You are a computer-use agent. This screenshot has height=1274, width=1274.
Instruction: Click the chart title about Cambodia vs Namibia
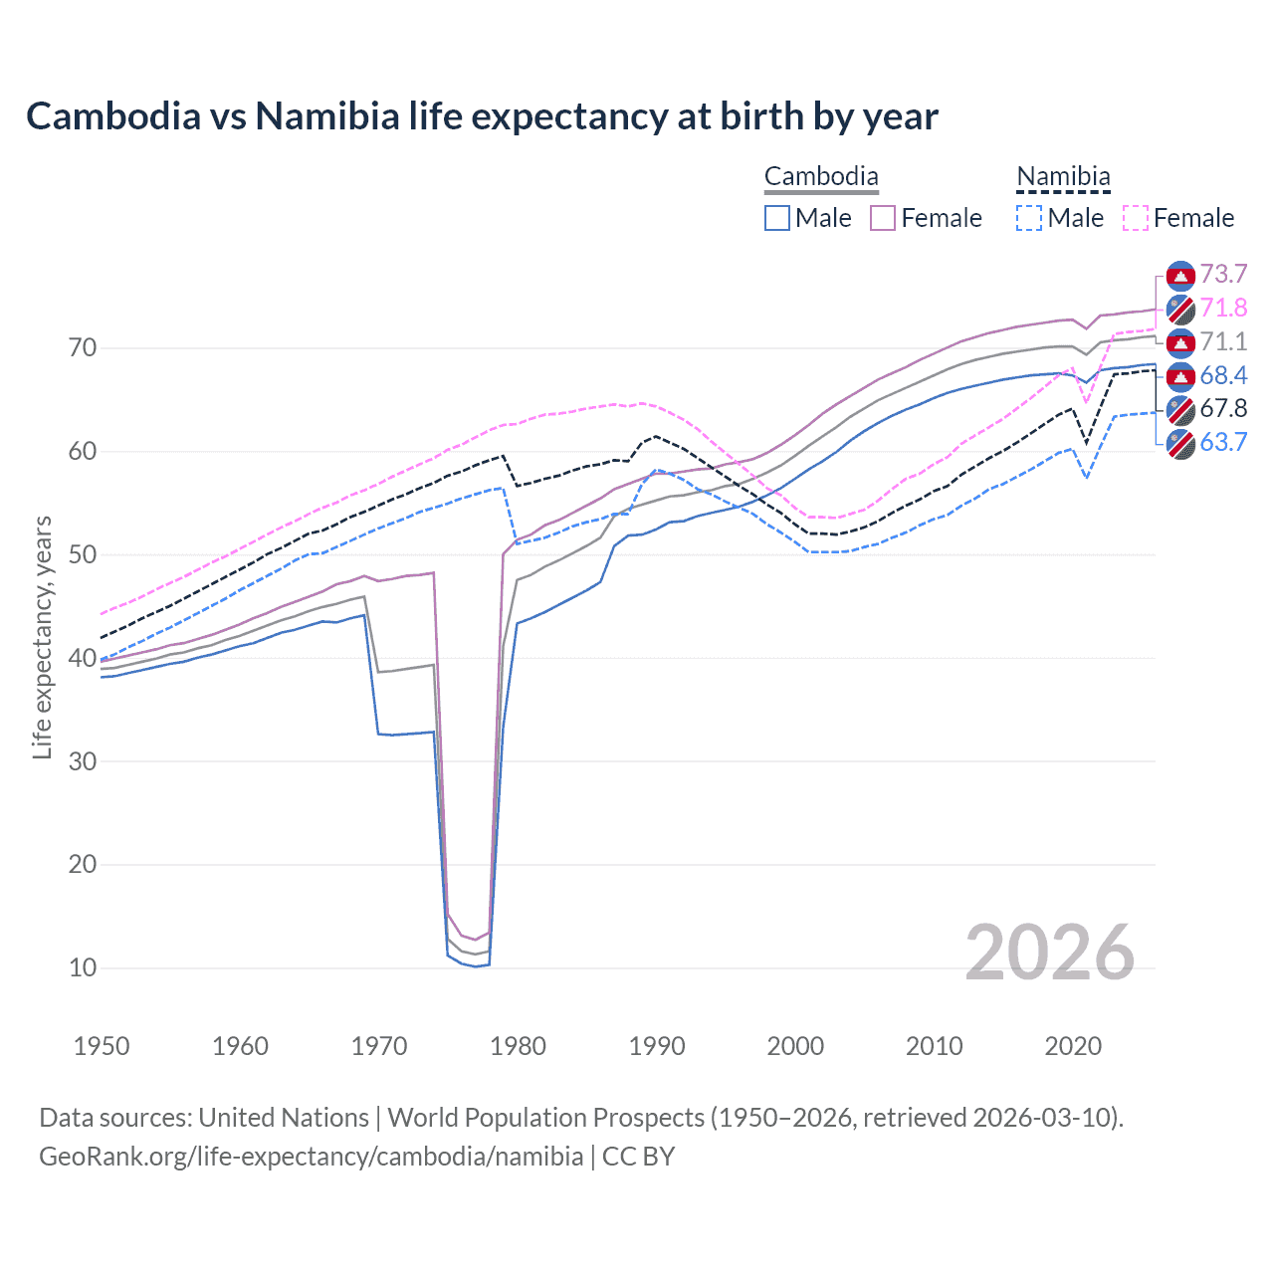[x=482, y=116]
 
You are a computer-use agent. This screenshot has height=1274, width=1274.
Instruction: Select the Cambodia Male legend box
[x=777, y=218]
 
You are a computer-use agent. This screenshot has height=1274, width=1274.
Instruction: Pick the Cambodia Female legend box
[x=883, y=218]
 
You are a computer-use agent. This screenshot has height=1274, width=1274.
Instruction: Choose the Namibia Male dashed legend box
[x=1029, y=218]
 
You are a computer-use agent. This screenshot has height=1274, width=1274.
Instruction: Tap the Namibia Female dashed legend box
[x=1136, y=218]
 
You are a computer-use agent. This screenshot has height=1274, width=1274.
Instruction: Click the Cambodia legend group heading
[x=821, y=177]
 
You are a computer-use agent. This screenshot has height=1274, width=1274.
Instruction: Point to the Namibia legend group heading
[x=1063, y=177]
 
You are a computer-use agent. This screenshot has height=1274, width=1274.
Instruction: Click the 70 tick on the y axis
[x=83, y=348]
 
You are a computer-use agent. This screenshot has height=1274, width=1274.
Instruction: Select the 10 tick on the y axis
[x=83, y=967]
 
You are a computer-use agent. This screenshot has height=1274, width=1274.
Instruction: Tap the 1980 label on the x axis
[x=518, y=1046]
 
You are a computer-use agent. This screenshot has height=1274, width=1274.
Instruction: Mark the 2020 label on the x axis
[x=1073, y=1046]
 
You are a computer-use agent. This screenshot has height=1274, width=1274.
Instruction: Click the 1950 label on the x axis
[x=102, y=1046]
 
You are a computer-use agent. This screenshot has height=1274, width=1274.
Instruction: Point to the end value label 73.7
[x=1223, y=275]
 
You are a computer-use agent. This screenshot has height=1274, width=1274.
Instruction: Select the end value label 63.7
[x=1223, y=442]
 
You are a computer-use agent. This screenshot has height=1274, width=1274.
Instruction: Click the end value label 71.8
[x=1223, y=309]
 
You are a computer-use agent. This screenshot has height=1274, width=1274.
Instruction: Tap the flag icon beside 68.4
[x=1180, y=376]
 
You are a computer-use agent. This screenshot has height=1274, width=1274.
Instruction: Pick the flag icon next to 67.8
[x=1180, y=409]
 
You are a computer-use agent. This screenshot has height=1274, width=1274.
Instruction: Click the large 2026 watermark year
[x=1050, y=953]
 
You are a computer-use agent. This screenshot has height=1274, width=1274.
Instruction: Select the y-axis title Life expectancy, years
[x=42, y=637]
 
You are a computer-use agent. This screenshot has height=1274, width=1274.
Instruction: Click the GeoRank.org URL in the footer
[x=311, y=1157]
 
